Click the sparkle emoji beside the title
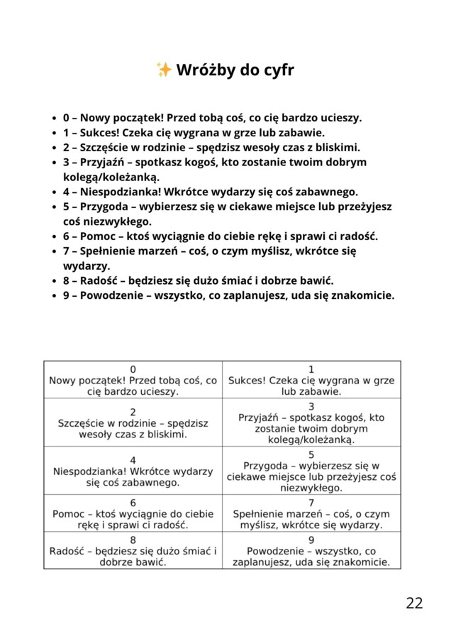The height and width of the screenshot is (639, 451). click(163, 70)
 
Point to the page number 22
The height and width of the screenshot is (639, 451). click(414, 603)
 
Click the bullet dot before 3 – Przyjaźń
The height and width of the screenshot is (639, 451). click(55, 163)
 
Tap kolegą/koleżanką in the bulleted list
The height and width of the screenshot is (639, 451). click(111, 177)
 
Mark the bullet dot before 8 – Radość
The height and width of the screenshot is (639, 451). click(55, 280)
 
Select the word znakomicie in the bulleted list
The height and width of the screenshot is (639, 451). click(360, 295)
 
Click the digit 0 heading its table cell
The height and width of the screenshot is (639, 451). click(133, 369)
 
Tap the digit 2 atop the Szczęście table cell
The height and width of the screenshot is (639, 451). click(133, 412)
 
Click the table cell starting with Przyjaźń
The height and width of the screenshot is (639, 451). click(311, 422)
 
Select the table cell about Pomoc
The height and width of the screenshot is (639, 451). click(133, 513)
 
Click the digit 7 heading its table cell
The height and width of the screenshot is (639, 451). click(311, 503)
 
